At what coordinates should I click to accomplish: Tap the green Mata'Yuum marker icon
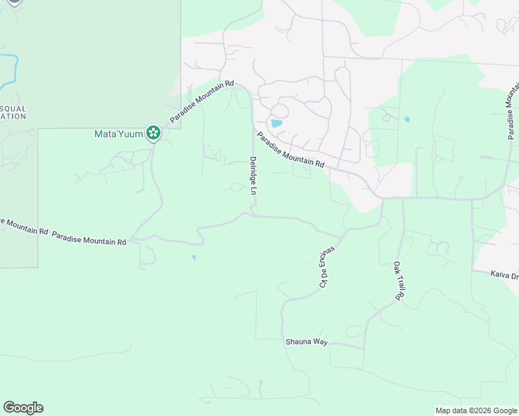(153, 132)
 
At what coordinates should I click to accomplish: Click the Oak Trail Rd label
(398, 281)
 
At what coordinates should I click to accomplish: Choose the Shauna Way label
(306, 342)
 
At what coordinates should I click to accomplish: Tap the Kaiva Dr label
(504, 276)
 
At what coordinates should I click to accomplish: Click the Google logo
(23, 408)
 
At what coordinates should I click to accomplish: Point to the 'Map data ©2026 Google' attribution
(476, 410)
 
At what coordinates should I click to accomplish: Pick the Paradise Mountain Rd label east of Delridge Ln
(290, 150)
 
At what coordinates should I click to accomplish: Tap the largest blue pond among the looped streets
(277, 124)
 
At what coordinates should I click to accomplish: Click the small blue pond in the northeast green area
(407, 119)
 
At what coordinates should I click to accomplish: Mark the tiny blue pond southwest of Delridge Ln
(194, 257)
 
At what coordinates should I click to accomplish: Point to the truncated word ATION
(13, 116)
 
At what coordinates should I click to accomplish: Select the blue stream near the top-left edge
(10, 69)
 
